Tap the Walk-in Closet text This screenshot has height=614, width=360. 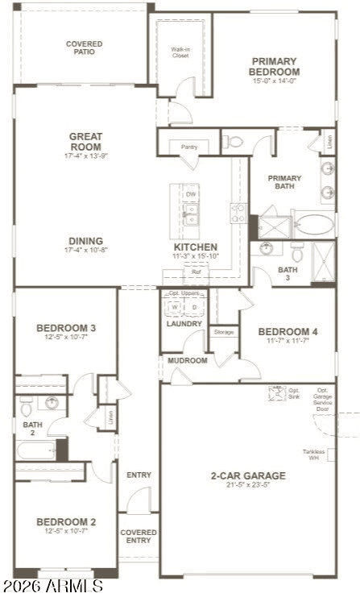[x=180, y=53]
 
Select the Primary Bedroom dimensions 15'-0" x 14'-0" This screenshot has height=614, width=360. [x=274, y=81]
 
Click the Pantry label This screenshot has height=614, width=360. [x=189, y=147]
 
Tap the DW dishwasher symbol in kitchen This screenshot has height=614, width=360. [x=191, y=194]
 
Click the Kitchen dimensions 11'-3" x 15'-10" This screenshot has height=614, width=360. [x=196, y=256]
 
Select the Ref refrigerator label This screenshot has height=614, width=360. [x=196, y=272]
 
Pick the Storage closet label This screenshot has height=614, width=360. [x=224, y=331]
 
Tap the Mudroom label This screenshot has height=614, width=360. [x=188, y=360]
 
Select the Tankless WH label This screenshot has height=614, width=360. [x=314, y=455]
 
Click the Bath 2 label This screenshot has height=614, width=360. [x=32, y=429]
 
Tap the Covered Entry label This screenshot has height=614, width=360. [x=139, y=536]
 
